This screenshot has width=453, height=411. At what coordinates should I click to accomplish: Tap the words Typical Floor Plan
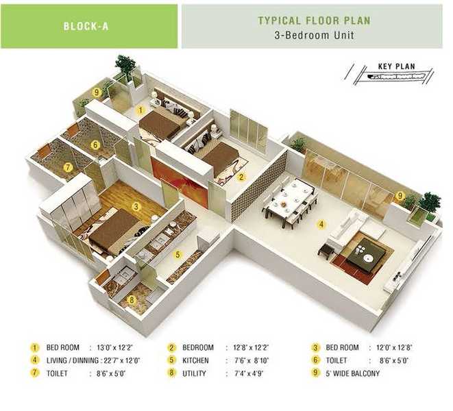(x=314, y=21)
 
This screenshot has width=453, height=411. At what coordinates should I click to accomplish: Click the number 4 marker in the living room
(x=320, y=223)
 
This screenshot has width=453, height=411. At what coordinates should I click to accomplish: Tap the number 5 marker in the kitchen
(x=177, y=254)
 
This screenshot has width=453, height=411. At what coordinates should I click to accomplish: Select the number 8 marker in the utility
(x=132, y=299)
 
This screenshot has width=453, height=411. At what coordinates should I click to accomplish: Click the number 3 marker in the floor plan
(x=136, y=206)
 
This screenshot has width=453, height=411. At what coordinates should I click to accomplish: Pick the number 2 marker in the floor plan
(x=241, y=176)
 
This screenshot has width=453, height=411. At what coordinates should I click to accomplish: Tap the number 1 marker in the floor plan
(x=140, y=109)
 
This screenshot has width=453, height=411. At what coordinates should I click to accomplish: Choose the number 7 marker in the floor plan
(x=68, y=166)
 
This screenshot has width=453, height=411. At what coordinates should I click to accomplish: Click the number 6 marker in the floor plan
(x=96, y=145)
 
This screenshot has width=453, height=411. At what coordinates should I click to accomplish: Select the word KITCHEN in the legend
(x=195, y=360)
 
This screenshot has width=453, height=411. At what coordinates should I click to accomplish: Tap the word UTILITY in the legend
(x=194, y=373)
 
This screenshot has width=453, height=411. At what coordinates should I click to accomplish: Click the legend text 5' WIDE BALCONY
(x=352, y=373)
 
